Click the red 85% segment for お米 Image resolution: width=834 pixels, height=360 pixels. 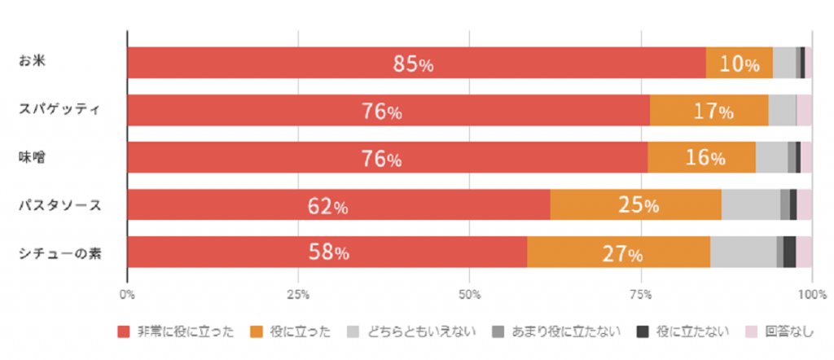coord(416,63)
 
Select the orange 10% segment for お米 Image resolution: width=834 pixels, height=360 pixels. coord(739,63)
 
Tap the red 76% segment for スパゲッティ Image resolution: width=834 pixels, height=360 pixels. coord(388,110)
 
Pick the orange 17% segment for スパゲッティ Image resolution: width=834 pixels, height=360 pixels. coord(709,110)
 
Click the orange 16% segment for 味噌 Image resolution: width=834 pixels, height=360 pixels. coord(701,157)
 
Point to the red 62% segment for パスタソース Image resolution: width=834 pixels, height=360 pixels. coord(339,204)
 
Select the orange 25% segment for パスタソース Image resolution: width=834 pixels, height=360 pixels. coord(635,204)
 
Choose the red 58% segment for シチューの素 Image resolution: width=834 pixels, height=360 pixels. coord(327,252)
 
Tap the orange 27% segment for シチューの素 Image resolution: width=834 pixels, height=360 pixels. coord(618,252)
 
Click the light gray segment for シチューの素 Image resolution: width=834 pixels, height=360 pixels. coord(743,252)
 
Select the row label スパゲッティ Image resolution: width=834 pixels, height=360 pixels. coord(59,110)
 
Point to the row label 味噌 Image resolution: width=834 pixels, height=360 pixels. coord(33,157)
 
